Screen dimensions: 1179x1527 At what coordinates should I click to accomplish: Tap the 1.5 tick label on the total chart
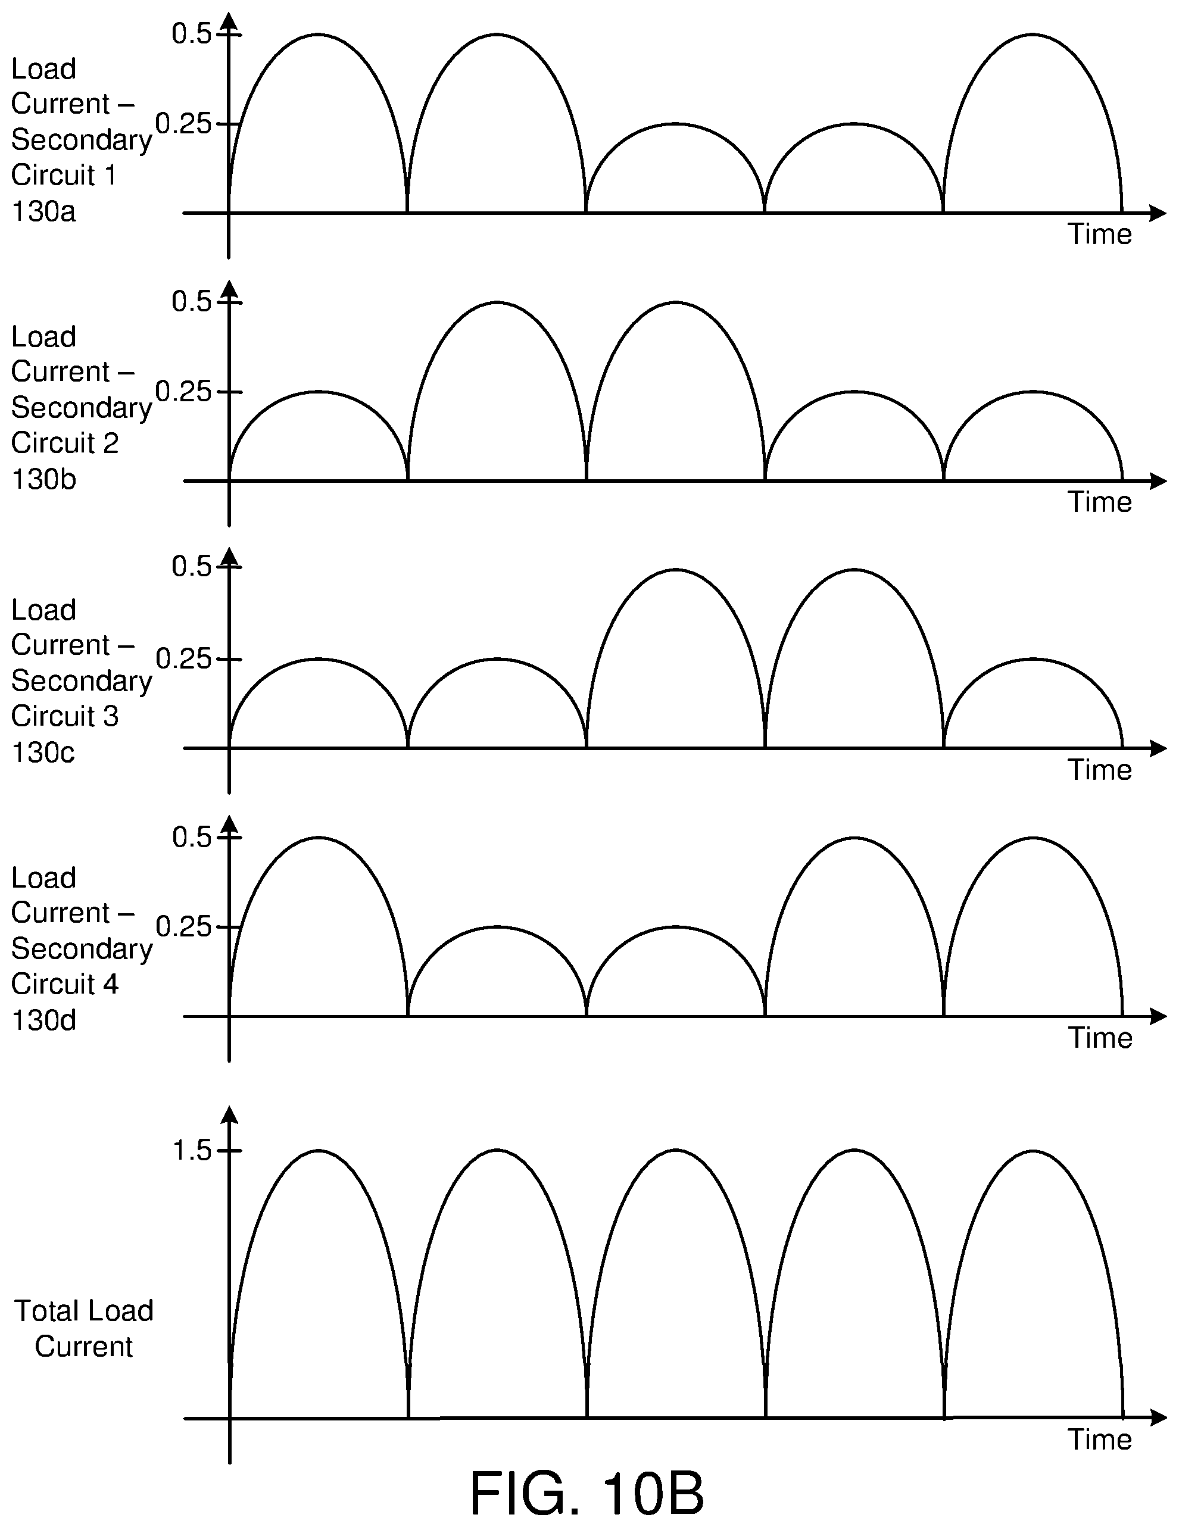click(x=192, y=1151)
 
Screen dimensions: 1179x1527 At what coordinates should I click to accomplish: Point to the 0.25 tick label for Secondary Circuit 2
click(x=183, y=392)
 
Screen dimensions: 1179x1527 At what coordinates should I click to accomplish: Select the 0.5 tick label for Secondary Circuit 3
click(x=192, y=566)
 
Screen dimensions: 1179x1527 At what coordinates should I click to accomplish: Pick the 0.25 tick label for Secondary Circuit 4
click(x=183, y=927)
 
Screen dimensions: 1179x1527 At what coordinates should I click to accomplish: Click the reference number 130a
click(x=43, y=211)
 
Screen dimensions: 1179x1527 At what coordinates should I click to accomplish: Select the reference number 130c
click(x=43, y=752)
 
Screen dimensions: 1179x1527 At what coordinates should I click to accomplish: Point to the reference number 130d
click(x=43, y=1021)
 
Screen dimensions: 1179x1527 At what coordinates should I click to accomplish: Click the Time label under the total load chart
click(x=1099, y=1439)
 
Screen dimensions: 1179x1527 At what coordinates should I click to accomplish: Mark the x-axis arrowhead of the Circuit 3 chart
click(x=1158, y=749)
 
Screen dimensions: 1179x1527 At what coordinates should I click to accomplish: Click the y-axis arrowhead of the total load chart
click(x=229, y=1115)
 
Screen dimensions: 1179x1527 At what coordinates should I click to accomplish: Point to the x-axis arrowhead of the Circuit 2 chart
click(x=1158, y=481)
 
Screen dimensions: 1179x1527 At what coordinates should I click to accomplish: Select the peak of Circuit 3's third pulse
click(x=675, y=570)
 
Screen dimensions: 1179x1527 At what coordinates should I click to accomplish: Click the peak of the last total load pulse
click(x=1033, y=1151)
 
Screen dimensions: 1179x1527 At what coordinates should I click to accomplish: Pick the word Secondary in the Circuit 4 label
click(x=81, y=949)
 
